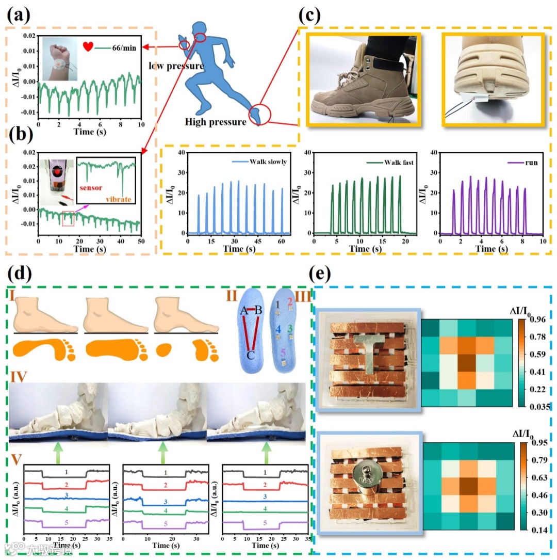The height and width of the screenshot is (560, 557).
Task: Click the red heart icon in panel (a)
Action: pos(88,46)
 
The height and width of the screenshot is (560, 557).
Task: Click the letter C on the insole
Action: pos(249,356)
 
